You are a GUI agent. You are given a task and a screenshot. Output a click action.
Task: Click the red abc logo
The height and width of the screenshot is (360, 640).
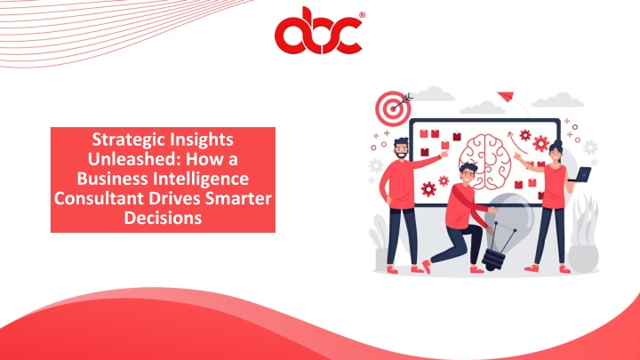point(318,31)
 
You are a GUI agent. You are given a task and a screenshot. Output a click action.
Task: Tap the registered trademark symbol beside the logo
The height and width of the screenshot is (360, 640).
point(362,15)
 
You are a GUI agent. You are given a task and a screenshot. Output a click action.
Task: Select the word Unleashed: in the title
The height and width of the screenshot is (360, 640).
point(134,159)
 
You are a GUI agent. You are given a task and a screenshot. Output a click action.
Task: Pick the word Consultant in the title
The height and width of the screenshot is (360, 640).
point(100,198)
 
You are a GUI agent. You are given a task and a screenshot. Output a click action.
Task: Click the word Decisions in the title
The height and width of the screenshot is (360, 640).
point(163,218)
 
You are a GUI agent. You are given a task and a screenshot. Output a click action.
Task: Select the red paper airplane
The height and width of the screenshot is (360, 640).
point(506,96)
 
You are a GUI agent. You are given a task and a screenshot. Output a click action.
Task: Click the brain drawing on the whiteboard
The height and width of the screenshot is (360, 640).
point(484,162)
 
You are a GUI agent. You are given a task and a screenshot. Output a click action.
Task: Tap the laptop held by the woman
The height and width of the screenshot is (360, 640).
point(580,174)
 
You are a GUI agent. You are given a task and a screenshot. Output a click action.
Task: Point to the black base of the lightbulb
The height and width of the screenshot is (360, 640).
point(494,259)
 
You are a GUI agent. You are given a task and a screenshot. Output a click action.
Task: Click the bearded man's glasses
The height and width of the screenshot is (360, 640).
point(401,149)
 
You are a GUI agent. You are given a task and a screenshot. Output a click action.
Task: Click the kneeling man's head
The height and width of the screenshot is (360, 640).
point(468,172)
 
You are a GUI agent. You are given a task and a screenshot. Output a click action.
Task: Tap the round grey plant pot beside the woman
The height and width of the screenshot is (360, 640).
point(583,259)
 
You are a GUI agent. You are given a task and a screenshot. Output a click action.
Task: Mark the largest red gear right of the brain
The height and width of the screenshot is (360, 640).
point(540,143)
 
